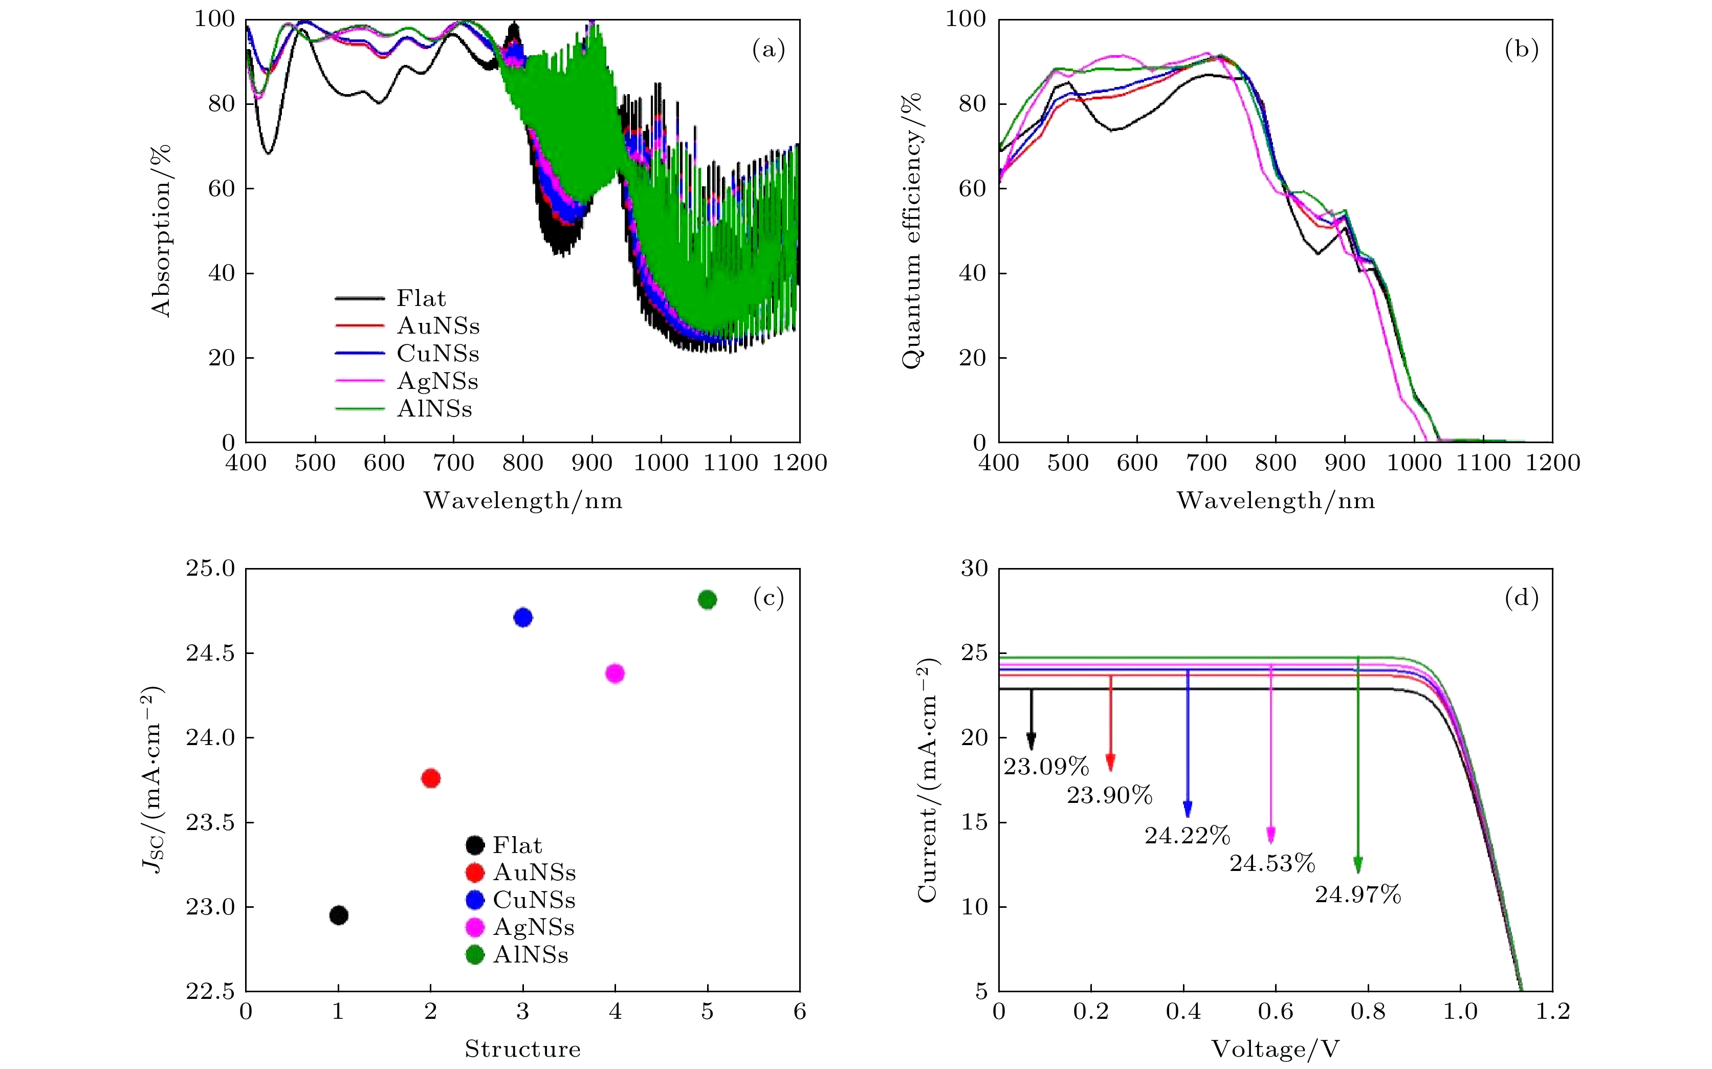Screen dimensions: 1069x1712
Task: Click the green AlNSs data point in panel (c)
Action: coord(707,600)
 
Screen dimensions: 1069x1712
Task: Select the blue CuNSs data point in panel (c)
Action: coord(522,617)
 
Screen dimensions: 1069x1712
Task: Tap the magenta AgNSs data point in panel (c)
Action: coord(615,673)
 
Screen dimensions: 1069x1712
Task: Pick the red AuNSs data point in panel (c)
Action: coord(430,778)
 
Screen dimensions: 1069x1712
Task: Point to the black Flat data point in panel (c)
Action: coord(339,915)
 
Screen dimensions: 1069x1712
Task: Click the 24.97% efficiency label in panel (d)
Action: coord(1357,895)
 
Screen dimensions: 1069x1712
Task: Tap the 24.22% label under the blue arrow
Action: coord(1188,836)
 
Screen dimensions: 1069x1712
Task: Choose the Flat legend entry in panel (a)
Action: coord(421,298)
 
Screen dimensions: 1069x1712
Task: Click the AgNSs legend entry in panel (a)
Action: coord(437,381)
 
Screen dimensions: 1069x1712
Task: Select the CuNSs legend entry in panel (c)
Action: coord(534,900)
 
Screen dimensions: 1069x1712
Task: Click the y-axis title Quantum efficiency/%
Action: coord(911,230)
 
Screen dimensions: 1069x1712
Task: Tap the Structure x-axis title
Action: coord(522,1049)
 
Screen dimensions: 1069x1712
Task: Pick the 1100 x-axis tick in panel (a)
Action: coord(730,463)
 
